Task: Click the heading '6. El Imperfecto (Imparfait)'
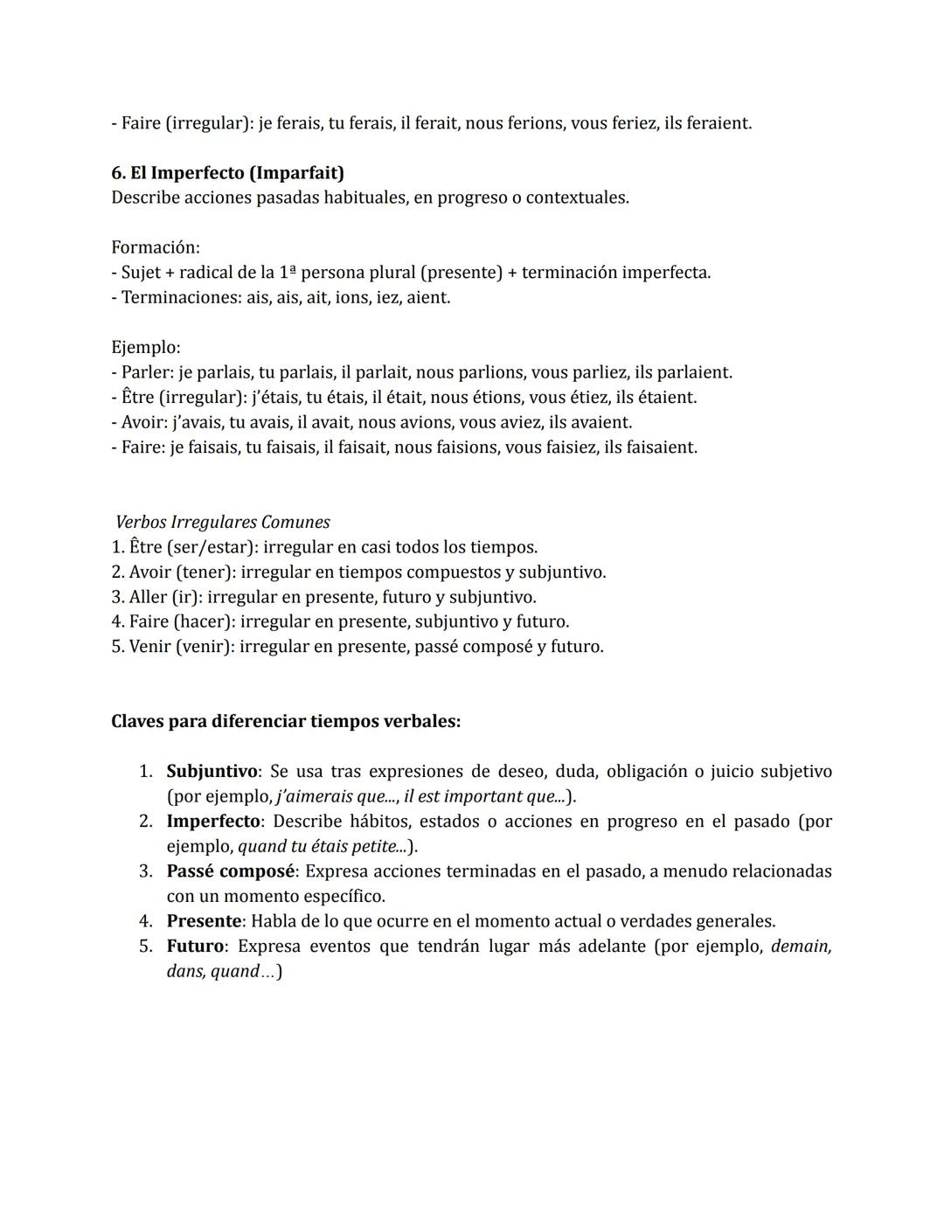click(x=227, y=172)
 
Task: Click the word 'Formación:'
click(x=156, y=247)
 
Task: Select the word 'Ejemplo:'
click(x=146, y=347)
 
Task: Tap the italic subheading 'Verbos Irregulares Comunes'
click(x=223, y=522)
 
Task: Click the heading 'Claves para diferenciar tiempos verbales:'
click(x=286, y=721)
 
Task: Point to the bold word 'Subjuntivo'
click(x=212, y=771)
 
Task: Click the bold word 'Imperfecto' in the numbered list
click(x=213, y=821)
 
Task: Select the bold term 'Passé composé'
click(x=231, y=871)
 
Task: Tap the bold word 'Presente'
click(x=204, y=920)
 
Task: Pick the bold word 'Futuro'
click(x=195, y=946)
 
